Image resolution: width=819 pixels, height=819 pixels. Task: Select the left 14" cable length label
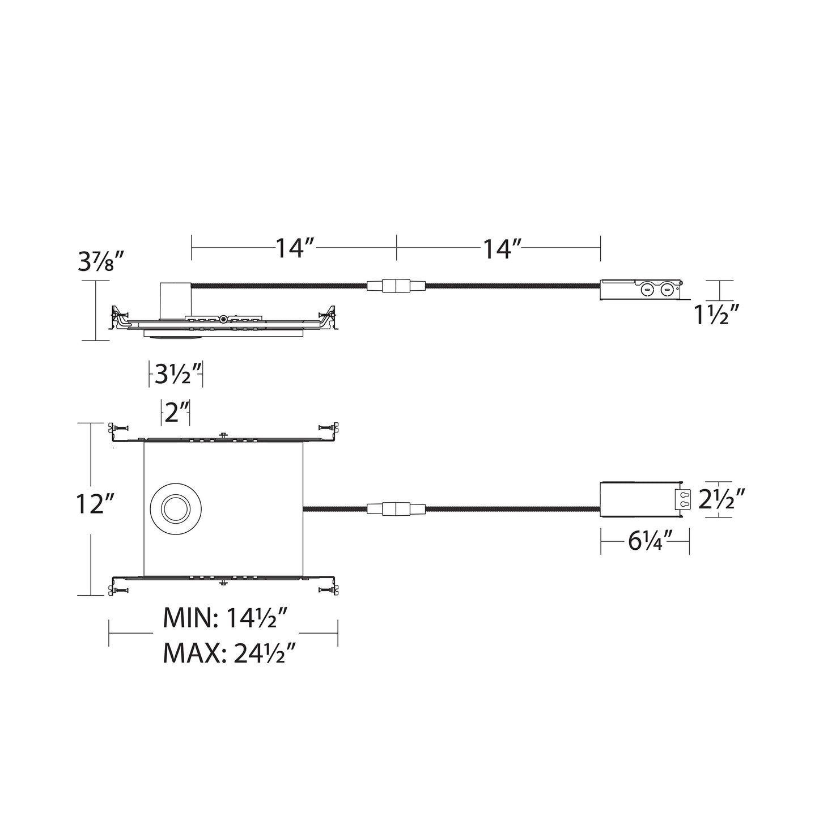tap(295, 248)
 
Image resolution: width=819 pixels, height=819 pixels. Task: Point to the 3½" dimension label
tap(176, 375)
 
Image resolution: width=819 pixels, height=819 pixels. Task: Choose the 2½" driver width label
tap(720, 500)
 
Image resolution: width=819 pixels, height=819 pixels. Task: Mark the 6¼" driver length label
tap(646, 542)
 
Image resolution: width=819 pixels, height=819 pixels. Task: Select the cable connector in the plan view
tap(396, 509)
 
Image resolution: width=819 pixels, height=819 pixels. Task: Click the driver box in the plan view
tap(639, 499)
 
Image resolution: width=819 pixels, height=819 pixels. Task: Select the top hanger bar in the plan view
tap(223, 435)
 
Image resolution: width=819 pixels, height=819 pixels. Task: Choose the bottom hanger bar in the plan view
tap(223, 583)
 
